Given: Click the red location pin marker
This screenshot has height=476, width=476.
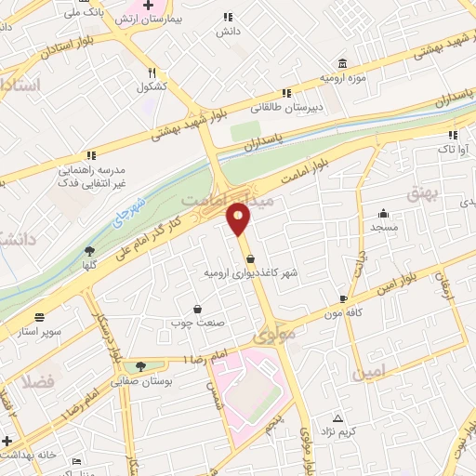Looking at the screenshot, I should (239, 218).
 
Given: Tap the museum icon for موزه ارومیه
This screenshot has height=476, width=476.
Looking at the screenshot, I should (343, 63).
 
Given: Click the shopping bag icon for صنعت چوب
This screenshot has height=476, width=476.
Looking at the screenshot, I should (197, 309).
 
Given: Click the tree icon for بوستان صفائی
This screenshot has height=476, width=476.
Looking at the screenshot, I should (139, 366).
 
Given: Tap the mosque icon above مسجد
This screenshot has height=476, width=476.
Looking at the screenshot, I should (382, 213).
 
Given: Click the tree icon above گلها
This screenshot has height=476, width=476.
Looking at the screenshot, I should (89, 250).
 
